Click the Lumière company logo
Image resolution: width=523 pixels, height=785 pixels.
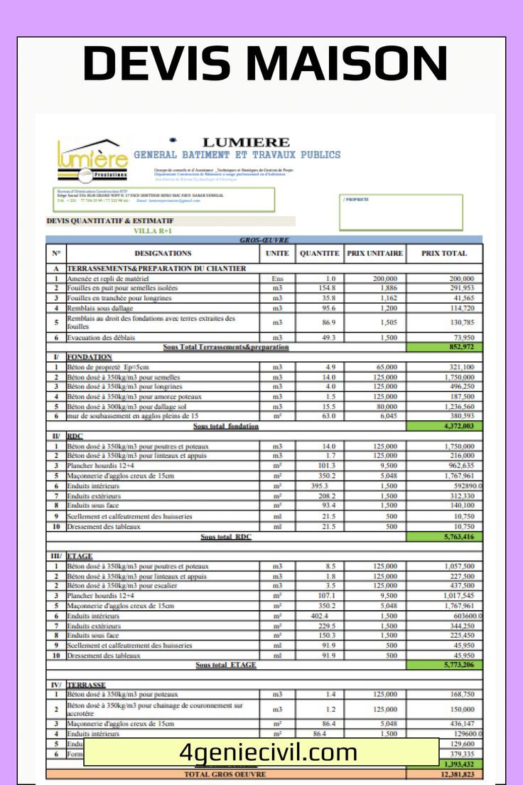tap(92, 159)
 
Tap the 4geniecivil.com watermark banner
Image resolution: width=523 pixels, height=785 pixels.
tap(269, 752)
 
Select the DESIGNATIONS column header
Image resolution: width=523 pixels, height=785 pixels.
tap(163, 253)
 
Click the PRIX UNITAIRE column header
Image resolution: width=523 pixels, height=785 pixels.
tap(374, 253)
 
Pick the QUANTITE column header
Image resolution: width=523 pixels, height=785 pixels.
tap(319, 253)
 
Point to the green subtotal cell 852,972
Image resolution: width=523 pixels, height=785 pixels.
tap(444, 347)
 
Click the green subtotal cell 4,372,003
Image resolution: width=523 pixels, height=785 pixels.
tap(444, 426)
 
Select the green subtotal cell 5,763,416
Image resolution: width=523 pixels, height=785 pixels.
tap(444, 537)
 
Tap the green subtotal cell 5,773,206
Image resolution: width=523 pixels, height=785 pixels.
tap(444, 665)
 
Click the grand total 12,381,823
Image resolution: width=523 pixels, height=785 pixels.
tap(444, 774)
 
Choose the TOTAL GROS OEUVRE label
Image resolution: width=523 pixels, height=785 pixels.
tap(225, 774)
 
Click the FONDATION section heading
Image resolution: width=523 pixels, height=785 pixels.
tap(90, 356)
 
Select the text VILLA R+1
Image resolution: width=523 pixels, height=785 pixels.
tap(152, 231)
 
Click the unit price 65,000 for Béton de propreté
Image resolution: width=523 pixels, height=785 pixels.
tap(385, 367)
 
